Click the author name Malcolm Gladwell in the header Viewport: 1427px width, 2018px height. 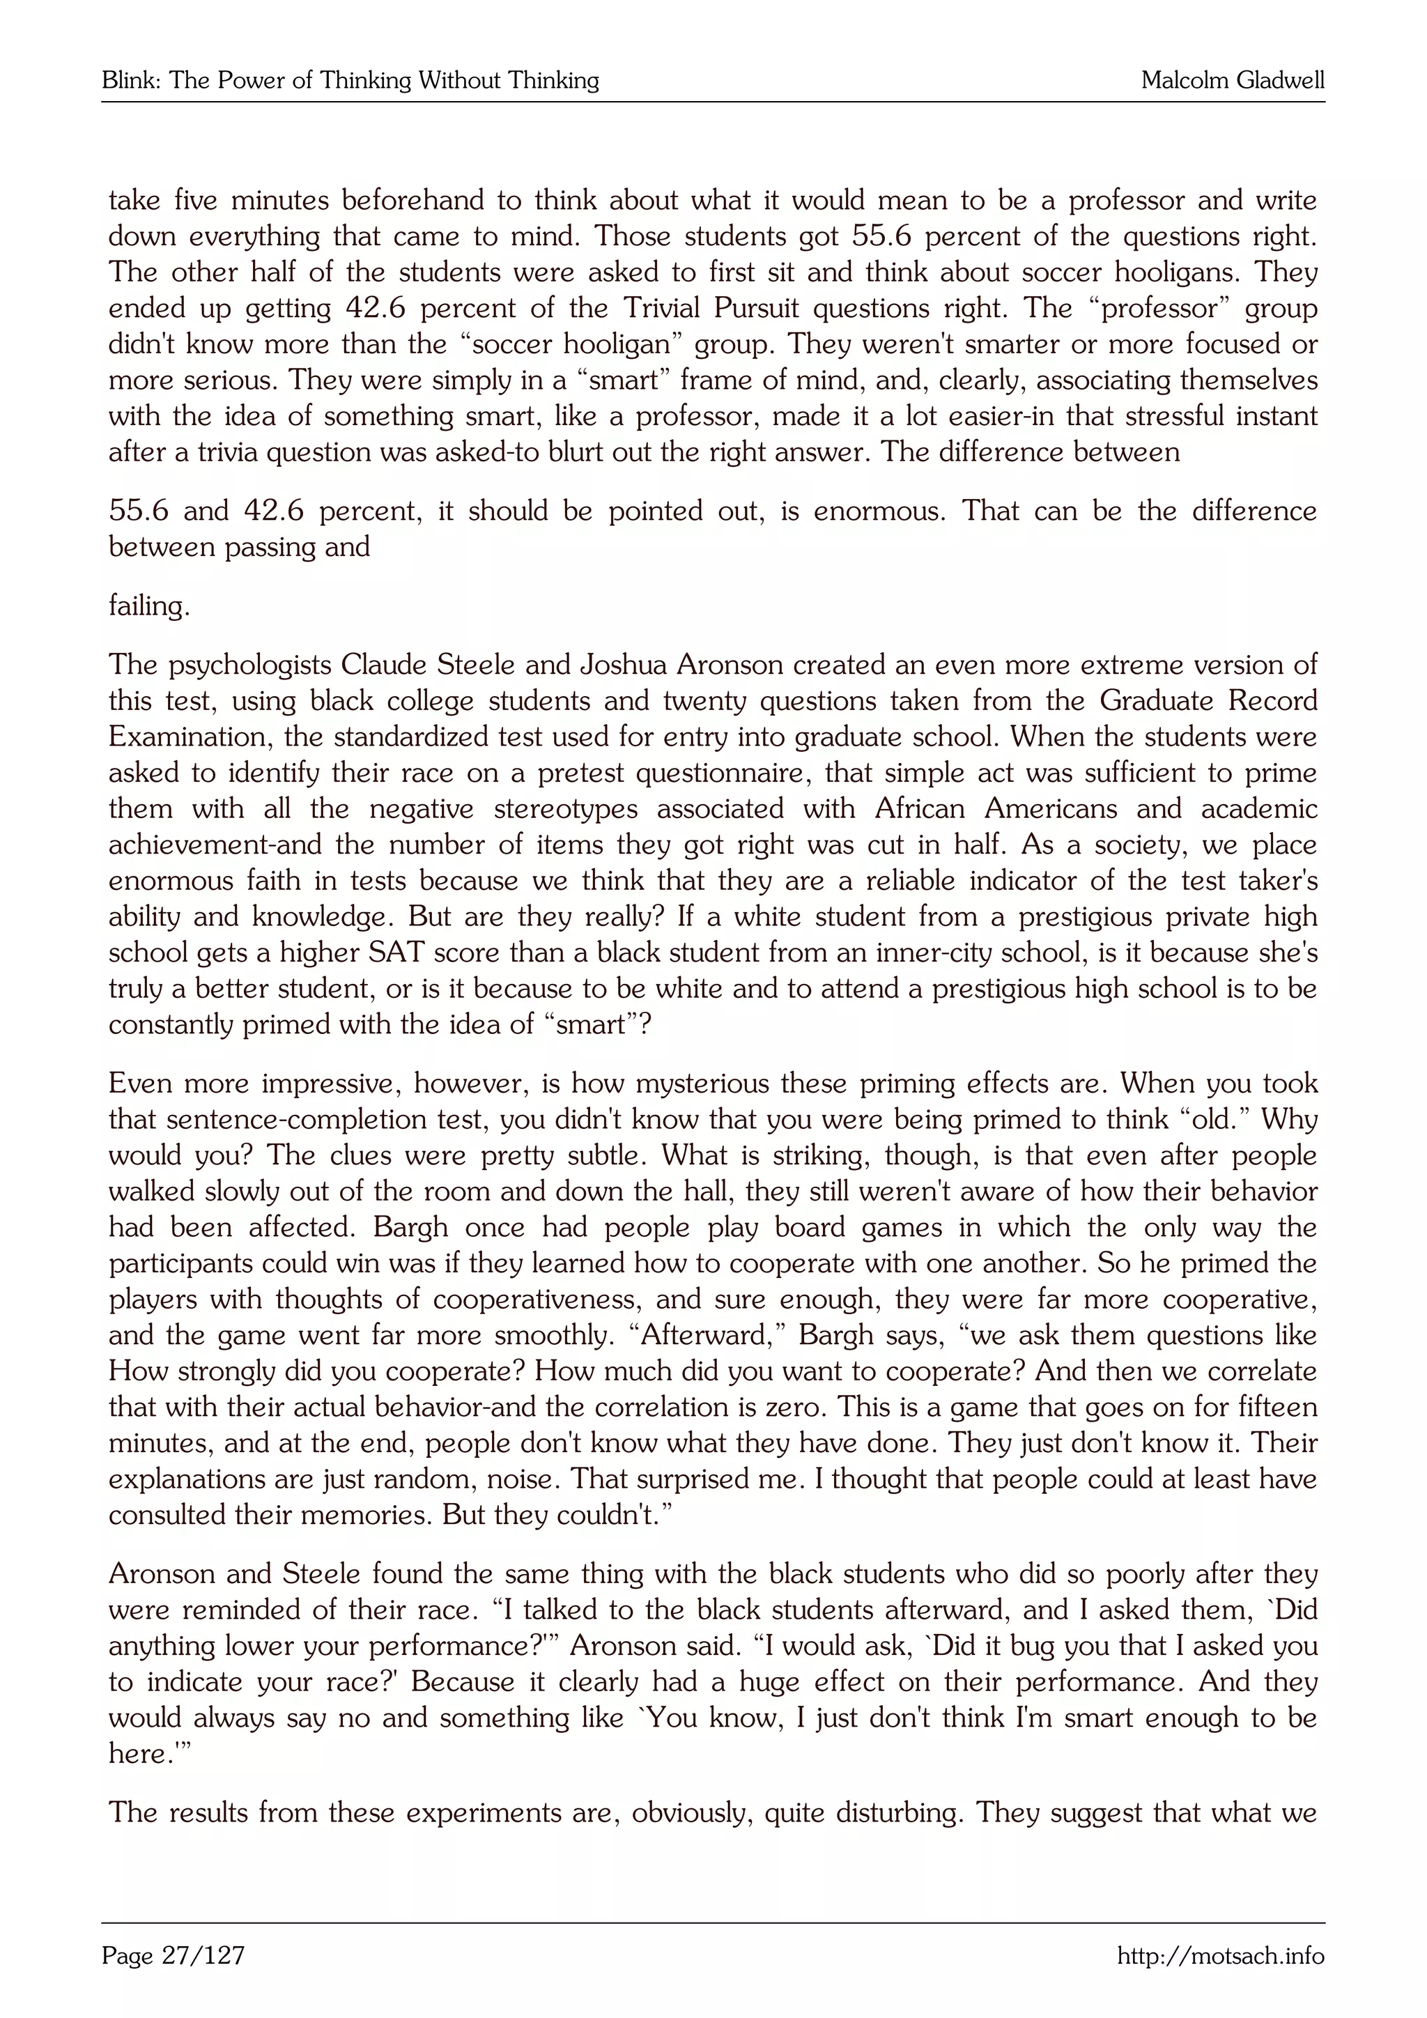pyautogui.click(x=1232, y=81)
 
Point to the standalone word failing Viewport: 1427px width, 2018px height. pyautogui.click(x=148, y=606)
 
